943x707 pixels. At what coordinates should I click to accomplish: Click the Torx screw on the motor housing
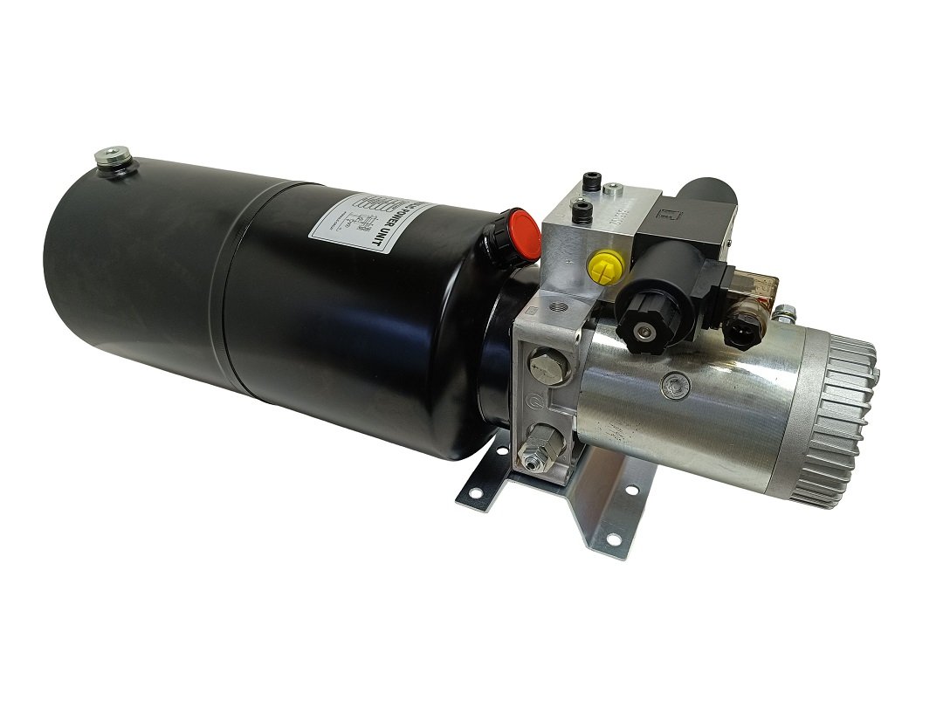coord(673,381)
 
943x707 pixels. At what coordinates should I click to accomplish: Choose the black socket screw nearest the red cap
coord(575,208)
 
